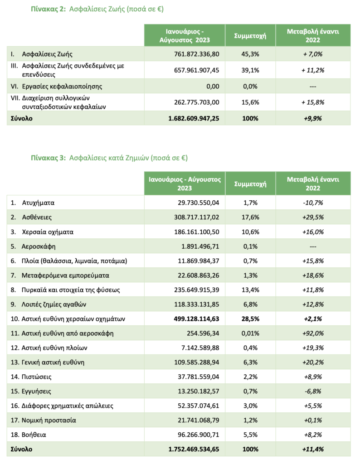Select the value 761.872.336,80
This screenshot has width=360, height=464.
pos(196,53)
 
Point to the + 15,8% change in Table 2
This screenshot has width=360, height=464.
pos(313,102)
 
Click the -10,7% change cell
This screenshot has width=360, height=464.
pos(313,203)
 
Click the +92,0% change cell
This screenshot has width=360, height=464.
pos(313,333)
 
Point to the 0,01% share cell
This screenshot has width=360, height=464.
pos(250,333)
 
